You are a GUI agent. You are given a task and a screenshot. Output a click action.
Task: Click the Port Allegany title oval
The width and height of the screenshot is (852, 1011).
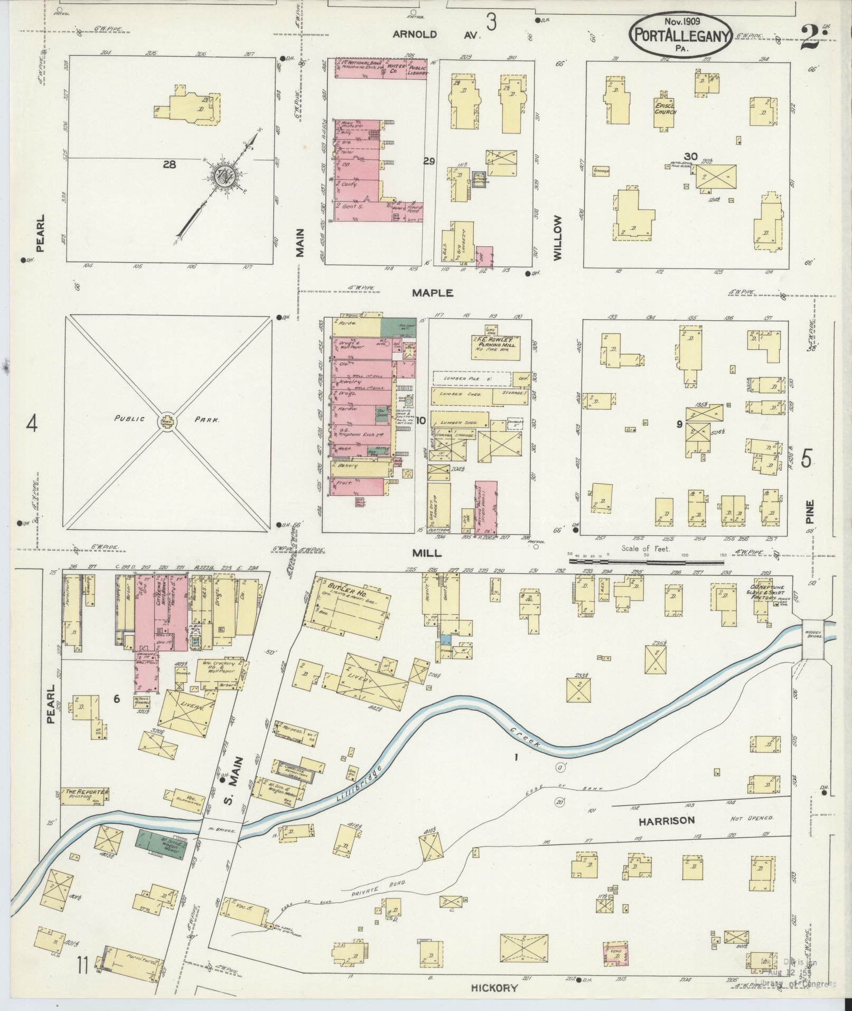[x=680, y=34]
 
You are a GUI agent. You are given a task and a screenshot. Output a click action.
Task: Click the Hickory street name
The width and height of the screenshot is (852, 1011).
[x=494, y=987]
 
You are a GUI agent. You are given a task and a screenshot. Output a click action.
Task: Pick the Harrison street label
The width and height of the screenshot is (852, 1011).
[x=666, y=836]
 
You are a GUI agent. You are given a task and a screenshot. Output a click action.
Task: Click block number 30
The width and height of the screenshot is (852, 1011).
[x=690, y=156]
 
